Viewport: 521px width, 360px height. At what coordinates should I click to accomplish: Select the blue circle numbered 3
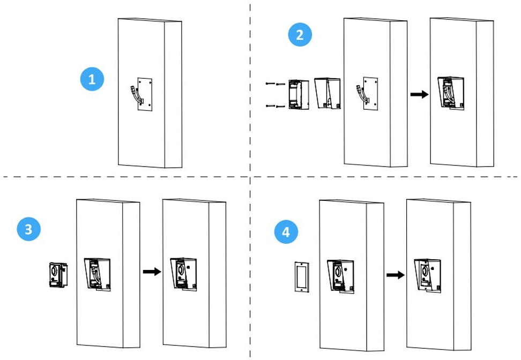[x=28, y=229]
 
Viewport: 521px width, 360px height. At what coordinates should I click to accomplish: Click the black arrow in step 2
[x=419, y=94]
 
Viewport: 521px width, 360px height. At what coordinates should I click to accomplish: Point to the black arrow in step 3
[x=152, y=272]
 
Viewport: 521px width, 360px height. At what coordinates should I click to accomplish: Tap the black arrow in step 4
[x=396, y=275]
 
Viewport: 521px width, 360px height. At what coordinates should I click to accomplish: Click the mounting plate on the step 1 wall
[x=145, y=95]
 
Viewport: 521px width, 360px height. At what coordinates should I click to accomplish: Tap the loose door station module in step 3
[x=57, y=275]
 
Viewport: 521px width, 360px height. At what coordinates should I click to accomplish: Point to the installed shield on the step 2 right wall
[x=451, y=95]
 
